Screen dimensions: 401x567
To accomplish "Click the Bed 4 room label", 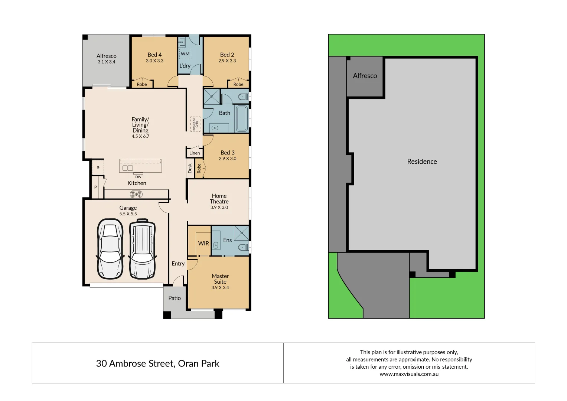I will pos(154,55).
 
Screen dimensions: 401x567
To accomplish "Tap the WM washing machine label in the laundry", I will pos(185,54).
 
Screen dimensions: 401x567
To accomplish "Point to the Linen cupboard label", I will pos(195,153).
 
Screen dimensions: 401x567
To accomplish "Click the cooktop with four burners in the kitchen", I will pos(136,194).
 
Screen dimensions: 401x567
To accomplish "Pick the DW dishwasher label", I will pos(138,177).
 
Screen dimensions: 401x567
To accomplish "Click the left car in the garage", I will pos(110,248).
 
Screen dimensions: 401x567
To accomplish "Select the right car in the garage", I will pos(142,248).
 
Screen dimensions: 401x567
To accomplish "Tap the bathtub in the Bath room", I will pos(242,118).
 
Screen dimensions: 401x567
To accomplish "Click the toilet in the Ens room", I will pos(243,247).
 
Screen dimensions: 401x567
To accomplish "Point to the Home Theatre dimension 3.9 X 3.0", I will pos(219,208).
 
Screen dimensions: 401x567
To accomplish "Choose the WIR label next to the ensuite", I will pos(203,243).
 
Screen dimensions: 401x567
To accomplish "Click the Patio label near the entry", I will pos(175,298).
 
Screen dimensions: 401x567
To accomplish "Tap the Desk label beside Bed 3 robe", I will pos(190,168).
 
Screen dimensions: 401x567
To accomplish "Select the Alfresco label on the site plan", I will pos(365,76).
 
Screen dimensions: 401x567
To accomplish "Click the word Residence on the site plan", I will pos(422,162).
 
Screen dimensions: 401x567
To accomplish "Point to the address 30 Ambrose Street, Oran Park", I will pos(157,363).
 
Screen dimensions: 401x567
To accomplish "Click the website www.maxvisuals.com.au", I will pos(409,374).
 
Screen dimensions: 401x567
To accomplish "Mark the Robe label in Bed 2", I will pos(238,84).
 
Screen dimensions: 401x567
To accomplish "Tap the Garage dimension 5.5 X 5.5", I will pos(128,214).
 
